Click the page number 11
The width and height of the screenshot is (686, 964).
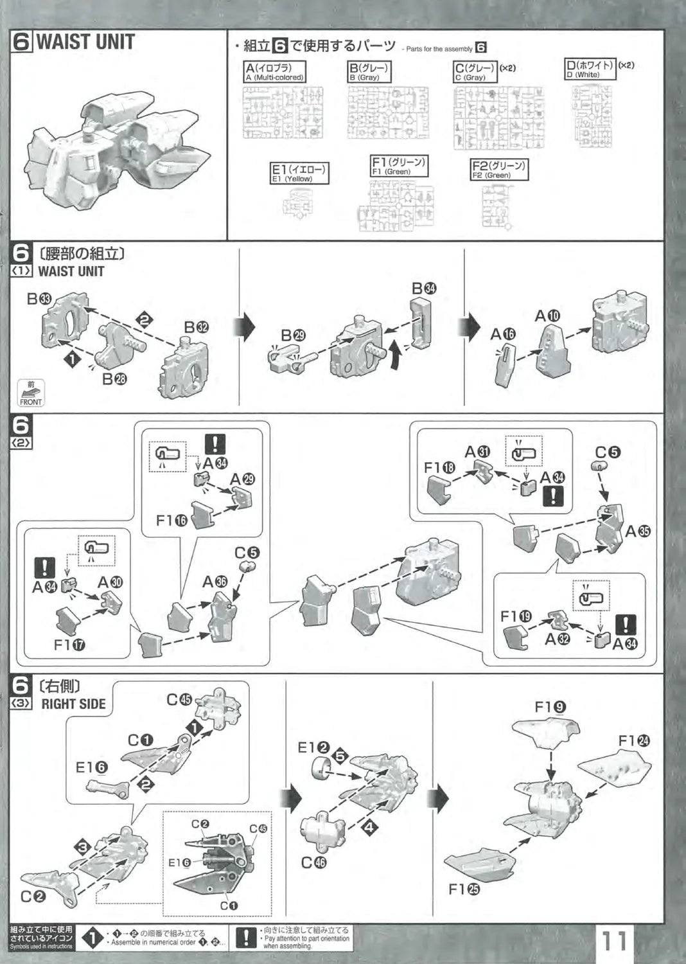(x=614, y=943)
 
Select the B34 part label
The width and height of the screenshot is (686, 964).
(x=424, y=289)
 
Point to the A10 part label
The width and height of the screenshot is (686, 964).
(x=548, y=316)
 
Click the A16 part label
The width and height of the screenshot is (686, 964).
(x=503, y=334)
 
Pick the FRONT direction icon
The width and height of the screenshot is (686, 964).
(x=30, y=393)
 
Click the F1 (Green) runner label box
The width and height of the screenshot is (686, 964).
(x=399, y=166)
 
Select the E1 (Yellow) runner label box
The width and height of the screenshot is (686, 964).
(x=299, y=174)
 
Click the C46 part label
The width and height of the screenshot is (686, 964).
(x=313, y=862)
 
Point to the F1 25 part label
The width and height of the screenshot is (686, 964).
(x=464, y=889)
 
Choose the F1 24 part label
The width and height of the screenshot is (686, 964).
(x=635, y=741)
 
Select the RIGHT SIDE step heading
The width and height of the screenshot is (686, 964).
(x=73, y=704)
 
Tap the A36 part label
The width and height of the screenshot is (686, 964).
(x=215, y=582)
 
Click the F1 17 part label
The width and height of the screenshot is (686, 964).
(x=70, y=645)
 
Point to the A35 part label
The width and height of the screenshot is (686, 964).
(x=637, y=531)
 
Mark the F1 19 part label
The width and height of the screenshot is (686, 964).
(x=516, y=616)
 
